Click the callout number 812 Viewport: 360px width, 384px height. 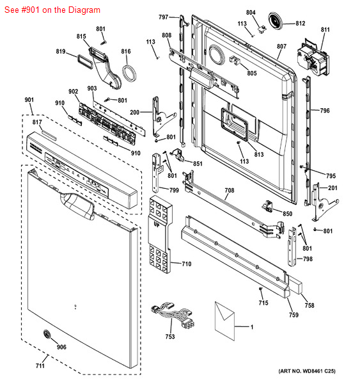(x=300, y=24)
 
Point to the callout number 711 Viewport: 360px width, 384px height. (x=40, y=365)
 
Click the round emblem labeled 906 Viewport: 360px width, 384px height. (x=46, y=334)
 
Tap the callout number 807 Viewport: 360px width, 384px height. (x=281, y=46)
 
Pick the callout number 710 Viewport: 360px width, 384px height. (x=186, y=264)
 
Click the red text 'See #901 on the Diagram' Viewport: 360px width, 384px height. (x=51, y=10)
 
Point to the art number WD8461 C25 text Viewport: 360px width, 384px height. (x=307, y=371)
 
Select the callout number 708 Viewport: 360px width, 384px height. (x=229, y=191)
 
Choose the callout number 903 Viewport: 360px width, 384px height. (x=92, y=88)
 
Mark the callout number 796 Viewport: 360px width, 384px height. (x=325, y=111)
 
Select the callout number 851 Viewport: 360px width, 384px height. (x=198, y=164)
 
